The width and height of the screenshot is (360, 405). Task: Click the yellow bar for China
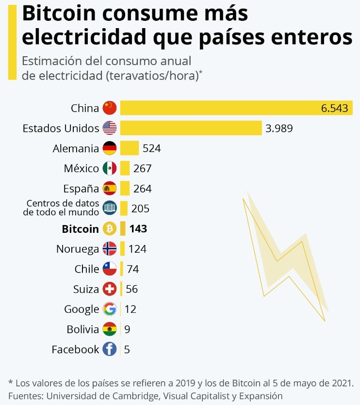tap(218, 108)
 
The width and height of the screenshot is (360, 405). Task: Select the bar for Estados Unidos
tap(191, 128)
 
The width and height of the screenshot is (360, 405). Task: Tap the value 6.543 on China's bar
tap(334, 108)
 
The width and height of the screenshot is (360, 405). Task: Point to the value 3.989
tap(279, 128)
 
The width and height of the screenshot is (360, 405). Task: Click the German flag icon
tap(110, 148)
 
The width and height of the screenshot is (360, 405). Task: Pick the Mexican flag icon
tap(110, 168)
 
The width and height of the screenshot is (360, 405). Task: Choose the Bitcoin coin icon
tap(110, 228)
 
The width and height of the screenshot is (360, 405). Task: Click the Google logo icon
tap(110, 309)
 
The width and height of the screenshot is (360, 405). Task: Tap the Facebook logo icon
tap(110, 349)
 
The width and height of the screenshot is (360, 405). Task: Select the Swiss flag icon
tap(110, 289)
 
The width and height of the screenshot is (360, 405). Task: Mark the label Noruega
tap(78, 249)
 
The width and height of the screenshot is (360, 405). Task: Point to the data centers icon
tap(110, 208)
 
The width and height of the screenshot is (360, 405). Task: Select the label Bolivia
tap(83, 329)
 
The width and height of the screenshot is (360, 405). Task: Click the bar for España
tap(125, 188)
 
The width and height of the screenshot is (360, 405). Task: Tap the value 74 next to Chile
tap(133, 269)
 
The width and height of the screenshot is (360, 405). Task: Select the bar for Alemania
tap(130, 148)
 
